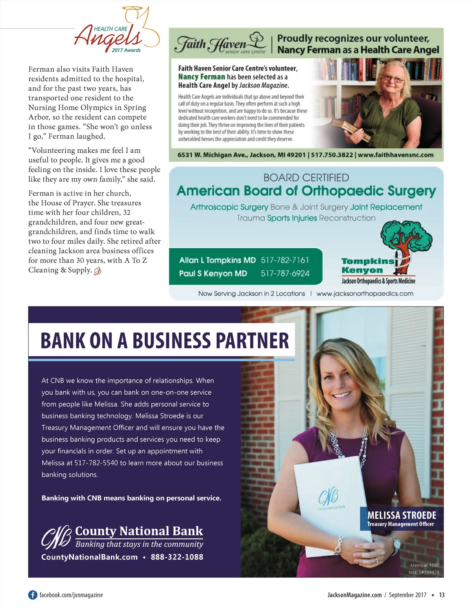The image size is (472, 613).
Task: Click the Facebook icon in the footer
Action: click(x=33, y=595)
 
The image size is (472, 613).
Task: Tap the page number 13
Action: click(x=442, y=595)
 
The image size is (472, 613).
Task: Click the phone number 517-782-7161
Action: click(x=285, y=260)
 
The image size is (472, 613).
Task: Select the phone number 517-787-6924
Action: click(x=285, y=273)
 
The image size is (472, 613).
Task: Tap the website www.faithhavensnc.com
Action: click(x=395, y=155)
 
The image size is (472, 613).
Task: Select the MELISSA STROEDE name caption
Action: click(x=402, y=515)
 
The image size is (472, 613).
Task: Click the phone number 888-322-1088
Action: click(x=177, y=557)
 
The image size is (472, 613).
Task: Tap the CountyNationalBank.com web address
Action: click(x=89, y=557)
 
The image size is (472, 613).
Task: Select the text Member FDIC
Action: click(x=424, y=565)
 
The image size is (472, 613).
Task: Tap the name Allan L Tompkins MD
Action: click(x=217, y=260)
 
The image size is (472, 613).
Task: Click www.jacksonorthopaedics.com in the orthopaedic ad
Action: click(x=365, y=294)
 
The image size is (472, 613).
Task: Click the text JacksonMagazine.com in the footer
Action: click(x=354, y=595)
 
